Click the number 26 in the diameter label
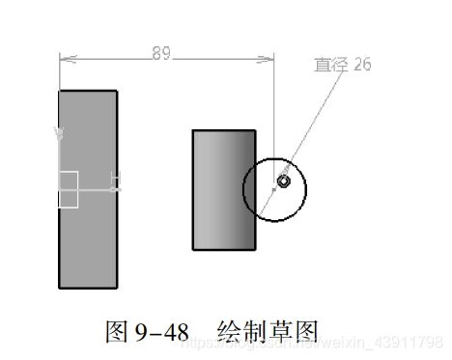362,65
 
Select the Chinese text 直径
331,65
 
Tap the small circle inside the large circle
284,180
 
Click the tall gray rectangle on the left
88,232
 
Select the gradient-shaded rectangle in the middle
224,191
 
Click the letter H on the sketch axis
116,180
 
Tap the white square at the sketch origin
68,189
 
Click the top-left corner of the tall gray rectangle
60,91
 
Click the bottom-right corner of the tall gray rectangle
118,289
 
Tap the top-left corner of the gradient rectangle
193,131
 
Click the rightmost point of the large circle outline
306,187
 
